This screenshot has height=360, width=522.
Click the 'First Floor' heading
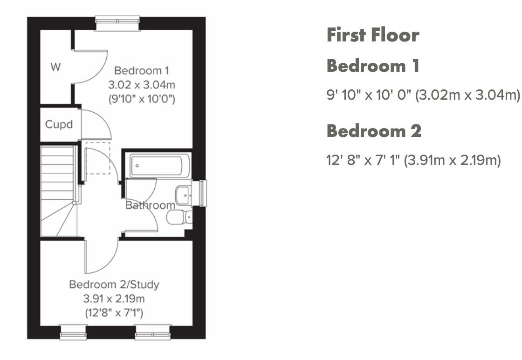click(x=373, y=35)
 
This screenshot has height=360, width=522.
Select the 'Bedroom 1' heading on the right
click(x=373, y=66)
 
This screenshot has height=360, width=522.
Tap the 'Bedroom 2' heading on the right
click(x=374, y=131)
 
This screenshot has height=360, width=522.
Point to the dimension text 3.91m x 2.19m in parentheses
click(x=452, y=161)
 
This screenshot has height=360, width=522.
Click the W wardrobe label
click(x=55, y=67)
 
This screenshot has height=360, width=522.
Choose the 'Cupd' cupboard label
click(x=59, y=125)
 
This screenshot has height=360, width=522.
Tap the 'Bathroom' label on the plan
click(x=150, y=205)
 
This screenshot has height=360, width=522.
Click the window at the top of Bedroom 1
click(x=117, y=23)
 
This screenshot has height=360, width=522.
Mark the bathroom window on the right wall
click(x=202, y=193)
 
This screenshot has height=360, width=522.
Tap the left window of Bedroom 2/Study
click(x=74, y=332)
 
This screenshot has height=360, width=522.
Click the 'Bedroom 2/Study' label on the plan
click(x=114, y=284)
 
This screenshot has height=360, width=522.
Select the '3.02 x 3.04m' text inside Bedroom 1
click(x=142, y=85)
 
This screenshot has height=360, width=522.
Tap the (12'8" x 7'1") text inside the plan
click(x=114, y=312)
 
